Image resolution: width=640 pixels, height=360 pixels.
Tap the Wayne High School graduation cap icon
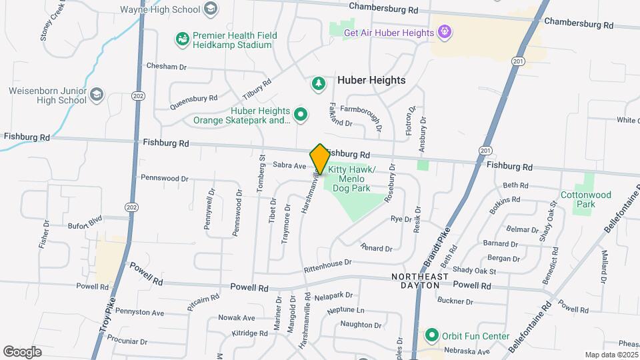[211, 9]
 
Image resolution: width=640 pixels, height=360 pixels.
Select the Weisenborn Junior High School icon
[97, 94]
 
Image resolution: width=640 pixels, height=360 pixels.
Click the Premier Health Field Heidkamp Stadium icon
[181, 39]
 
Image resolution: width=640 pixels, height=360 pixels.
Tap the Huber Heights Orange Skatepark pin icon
[301, 115]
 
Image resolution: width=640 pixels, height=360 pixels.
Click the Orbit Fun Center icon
[431, 335]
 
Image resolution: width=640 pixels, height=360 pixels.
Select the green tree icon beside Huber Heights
[319, 83]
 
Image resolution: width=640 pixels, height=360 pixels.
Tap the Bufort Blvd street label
[85, 221]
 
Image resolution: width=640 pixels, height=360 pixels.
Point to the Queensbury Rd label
[193, 101]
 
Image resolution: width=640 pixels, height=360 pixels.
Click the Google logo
[22, 351]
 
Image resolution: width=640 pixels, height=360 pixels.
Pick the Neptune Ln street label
[346, 311]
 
